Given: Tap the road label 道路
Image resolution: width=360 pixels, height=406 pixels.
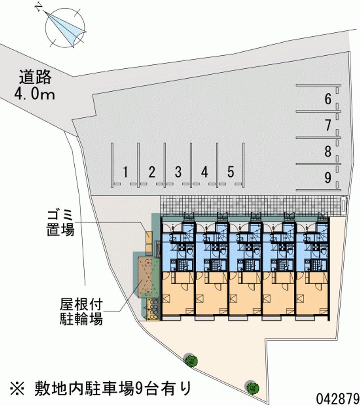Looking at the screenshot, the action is point(36,77).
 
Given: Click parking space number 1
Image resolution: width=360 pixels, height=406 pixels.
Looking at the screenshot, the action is point(126,171).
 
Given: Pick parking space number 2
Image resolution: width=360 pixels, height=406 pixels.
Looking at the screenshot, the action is point(152,171).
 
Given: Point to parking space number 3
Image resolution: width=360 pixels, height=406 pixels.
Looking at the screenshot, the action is point(178,171).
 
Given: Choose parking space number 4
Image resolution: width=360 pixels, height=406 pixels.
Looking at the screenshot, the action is point(204,171).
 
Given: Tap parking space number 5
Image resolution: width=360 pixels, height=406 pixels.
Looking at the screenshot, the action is point(230,171).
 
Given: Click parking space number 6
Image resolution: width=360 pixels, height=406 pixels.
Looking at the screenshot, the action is point(328,99).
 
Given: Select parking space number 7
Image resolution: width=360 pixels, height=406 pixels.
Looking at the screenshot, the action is point(328,125).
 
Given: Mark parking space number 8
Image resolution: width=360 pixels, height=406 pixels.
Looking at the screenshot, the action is point(328,152).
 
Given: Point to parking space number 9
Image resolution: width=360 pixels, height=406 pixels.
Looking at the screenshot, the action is point(328,178).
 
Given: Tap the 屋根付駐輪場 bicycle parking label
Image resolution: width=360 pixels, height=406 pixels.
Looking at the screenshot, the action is point(81,312).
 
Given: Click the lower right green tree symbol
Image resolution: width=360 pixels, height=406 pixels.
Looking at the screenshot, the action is point(252,386).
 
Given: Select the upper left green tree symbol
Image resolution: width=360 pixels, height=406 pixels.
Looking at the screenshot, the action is point(191,359).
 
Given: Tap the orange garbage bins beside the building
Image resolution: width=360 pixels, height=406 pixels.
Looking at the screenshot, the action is point(148,241).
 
